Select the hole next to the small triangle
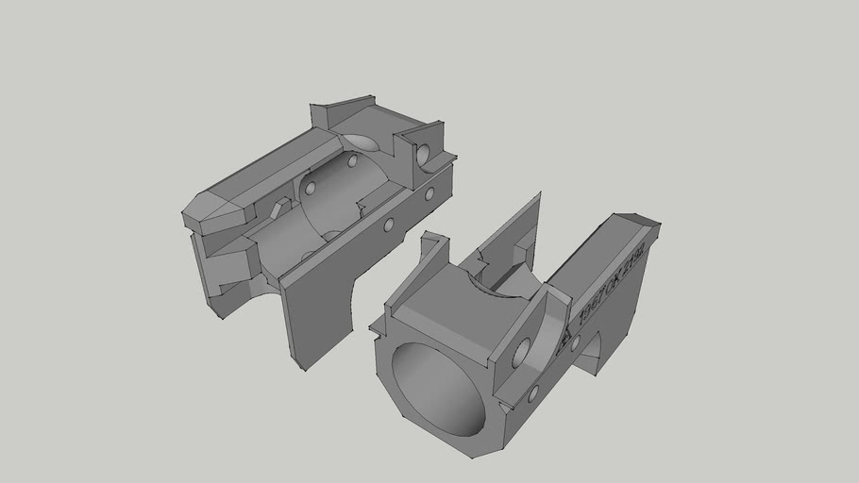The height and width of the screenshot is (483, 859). (575, 341)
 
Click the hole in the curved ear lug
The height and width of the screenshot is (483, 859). (519, 356)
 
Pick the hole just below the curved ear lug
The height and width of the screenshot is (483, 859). (533, 391)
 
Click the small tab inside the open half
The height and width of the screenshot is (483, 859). (278, 208)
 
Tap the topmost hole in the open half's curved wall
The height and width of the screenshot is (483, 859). (352, 161)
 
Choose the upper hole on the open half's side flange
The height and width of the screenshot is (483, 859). (429, 193)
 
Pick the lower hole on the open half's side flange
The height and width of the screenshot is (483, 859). (387, 226)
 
